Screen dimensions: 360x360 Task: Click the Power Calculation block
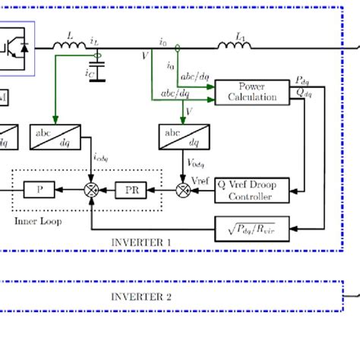(251, 92)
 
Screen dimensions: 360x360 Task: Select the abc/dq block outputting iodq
(52, 136)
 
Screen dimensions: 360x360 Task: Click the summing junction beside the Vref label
(182, 190)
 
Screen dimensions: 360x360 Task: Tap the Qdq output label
(302, 93)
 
